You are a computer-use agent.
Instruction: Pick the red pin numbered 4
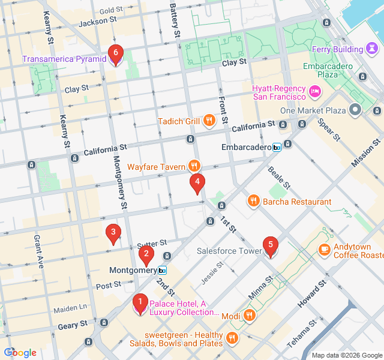tap(197, 183)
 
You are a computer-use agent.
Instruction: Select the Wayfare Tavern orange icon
tap(194, 166)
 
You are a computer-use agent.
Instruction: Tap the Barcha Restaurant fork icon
tap(254, 202)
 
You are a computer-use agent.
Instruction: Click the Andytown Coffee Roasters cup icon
tap(325, 248)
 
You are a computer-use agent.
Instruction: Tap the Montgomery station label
tap(133, 271)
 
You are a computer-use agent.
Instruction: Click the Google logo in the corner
tap(20, 352)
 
